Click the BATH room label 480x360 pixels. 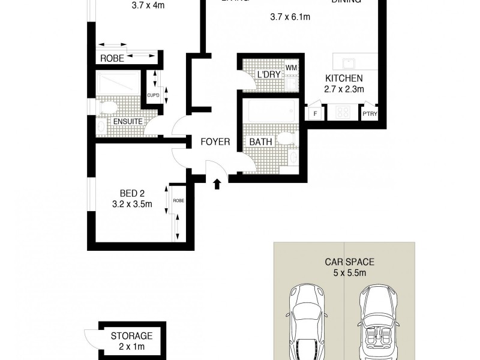(x=261, y=142)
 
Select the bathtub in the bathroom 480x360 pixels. (x=271, y=112)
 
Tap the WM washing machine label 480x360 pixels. (x=291, y=68)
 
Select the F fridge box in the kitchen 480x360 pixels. (x=314, y=113)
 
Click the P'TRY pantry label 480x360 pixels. (x=368, y=113)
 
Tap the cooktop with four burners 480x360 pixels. (x=344, y=112)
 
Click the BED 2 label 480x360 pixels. (x=132, y=193)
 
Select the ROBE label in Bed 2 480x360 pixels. (x=178, y=201)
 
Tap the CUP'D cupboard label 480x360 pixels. (x=154, y=95)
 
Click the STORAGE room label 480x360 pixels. (x=131, y=336)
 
